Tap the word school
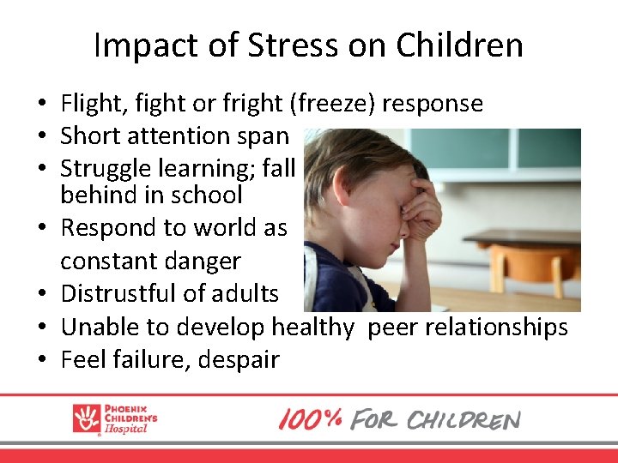click(x=210, y=195)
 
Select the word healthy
click(x=312, y=326)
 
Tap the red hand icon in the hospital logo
click(x=87, y=418)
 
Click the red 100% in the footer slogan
click(x=310, y=419)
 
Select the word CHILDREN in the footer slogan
click(x=463, y=420)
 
